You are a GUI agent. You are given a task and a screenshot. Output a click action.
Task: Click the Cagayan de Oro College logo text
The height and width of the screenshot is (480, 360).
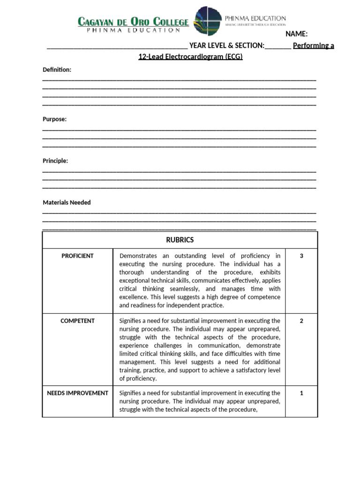(133, 22)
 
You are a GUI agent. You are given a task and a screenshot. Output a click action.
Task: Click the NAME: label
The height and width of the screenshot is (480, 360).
(296, 34)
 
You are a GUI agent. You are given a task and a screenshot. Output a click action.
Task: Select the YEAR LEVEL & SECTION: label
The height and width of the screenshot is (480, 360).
(227, 45)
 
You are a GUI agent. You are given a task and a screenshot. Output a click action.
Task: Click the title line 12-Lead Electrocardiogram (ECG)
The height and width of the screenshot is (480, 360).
(190, 57)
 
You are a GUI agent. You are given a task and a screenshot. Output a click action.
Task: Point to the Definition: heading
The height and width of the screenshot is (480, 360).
(57, 70)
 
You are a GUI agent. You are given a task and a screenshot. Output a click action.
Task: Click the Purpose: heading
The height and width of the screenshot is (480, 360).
(55, 119)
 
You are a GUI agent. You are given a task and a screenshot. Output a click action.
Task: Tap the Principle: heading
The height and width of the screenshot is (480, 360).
(55, 161)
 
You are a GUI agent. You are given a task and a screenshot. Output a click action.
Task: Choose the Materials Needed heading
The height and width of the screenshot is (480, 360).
(67, 202)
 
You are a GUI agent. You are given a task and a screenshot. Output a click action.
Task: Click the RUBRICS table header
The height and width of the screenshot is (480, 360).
(180, 240)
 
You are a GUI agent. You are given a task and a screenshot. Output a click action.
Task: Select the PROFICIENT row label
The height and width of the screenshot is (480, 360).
(77, 256)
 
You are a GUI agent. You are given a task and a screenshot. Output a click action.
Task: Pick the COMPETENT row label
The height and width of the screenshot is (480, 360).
(77, 321)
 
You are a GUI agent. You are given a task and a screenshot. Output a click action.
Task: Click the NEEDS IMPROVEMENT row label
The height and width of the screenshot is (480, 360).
(77, 393)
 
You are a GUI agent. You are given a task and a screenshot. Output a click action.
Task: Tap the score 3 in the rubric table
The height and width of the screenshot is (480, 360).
(301, 256)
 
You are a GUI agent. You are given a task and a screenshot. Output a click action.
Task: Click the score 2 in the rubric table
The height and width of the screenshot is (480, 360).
(301, 321)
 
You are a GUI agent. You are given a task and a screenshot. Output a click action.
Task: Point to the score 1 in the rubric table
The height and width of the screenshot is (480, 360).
(301, 393)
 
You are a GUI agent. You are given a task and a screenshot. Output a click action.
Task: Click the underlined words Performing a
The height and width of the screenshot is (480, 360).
(314, 45)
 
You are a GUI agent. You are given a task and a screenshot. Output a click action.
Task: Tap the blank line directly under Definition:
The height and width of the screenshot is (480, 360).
(179, 79)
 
